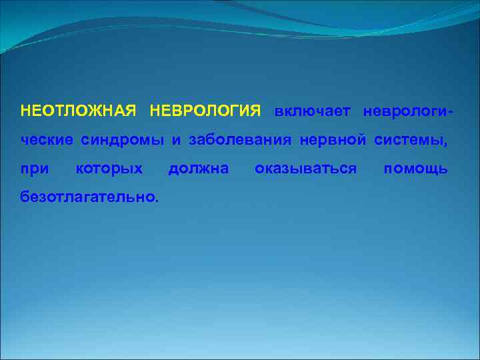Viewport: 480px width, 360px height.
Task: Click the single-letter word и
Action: coord(177,141)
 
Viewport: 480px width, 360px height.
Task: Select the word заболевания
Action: coord(241,140)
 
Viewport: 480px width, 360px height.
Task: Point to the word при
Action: coord(35,169)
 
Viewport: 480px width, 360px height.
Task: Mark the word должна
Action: coord(198,169)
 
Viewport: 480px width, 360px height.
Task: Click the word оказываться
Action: coord(305,169)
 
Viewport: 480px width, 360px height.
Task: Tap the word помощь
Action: coord(415,169)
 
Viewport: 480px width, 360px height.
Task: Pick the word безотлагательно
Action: coord(88,197)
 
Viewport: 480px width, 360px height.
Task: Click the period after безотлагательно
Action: coord(157,201)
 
